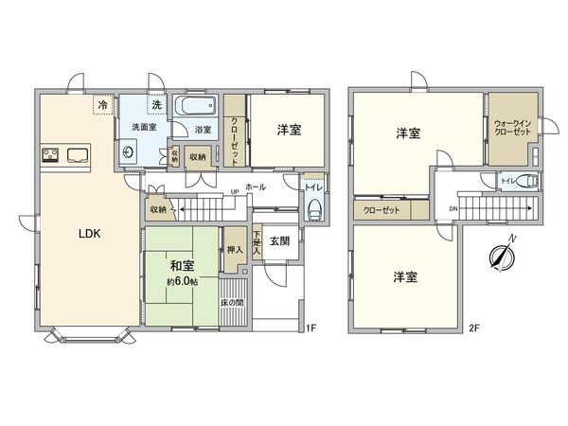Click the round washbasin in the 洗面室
pyautogui.click(x=127, y=151)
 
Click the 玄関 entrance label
pyautogui.click(x=279, y=240)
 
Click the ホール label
pyautogui.click(x=255, y=187)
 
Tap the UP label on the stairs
pyautogui.click(x=235, y=192)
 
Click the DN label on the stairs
pyautogui.click(x=453, y=208)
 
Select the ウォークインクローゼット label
pyautogui.click(x=512, y=128)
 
